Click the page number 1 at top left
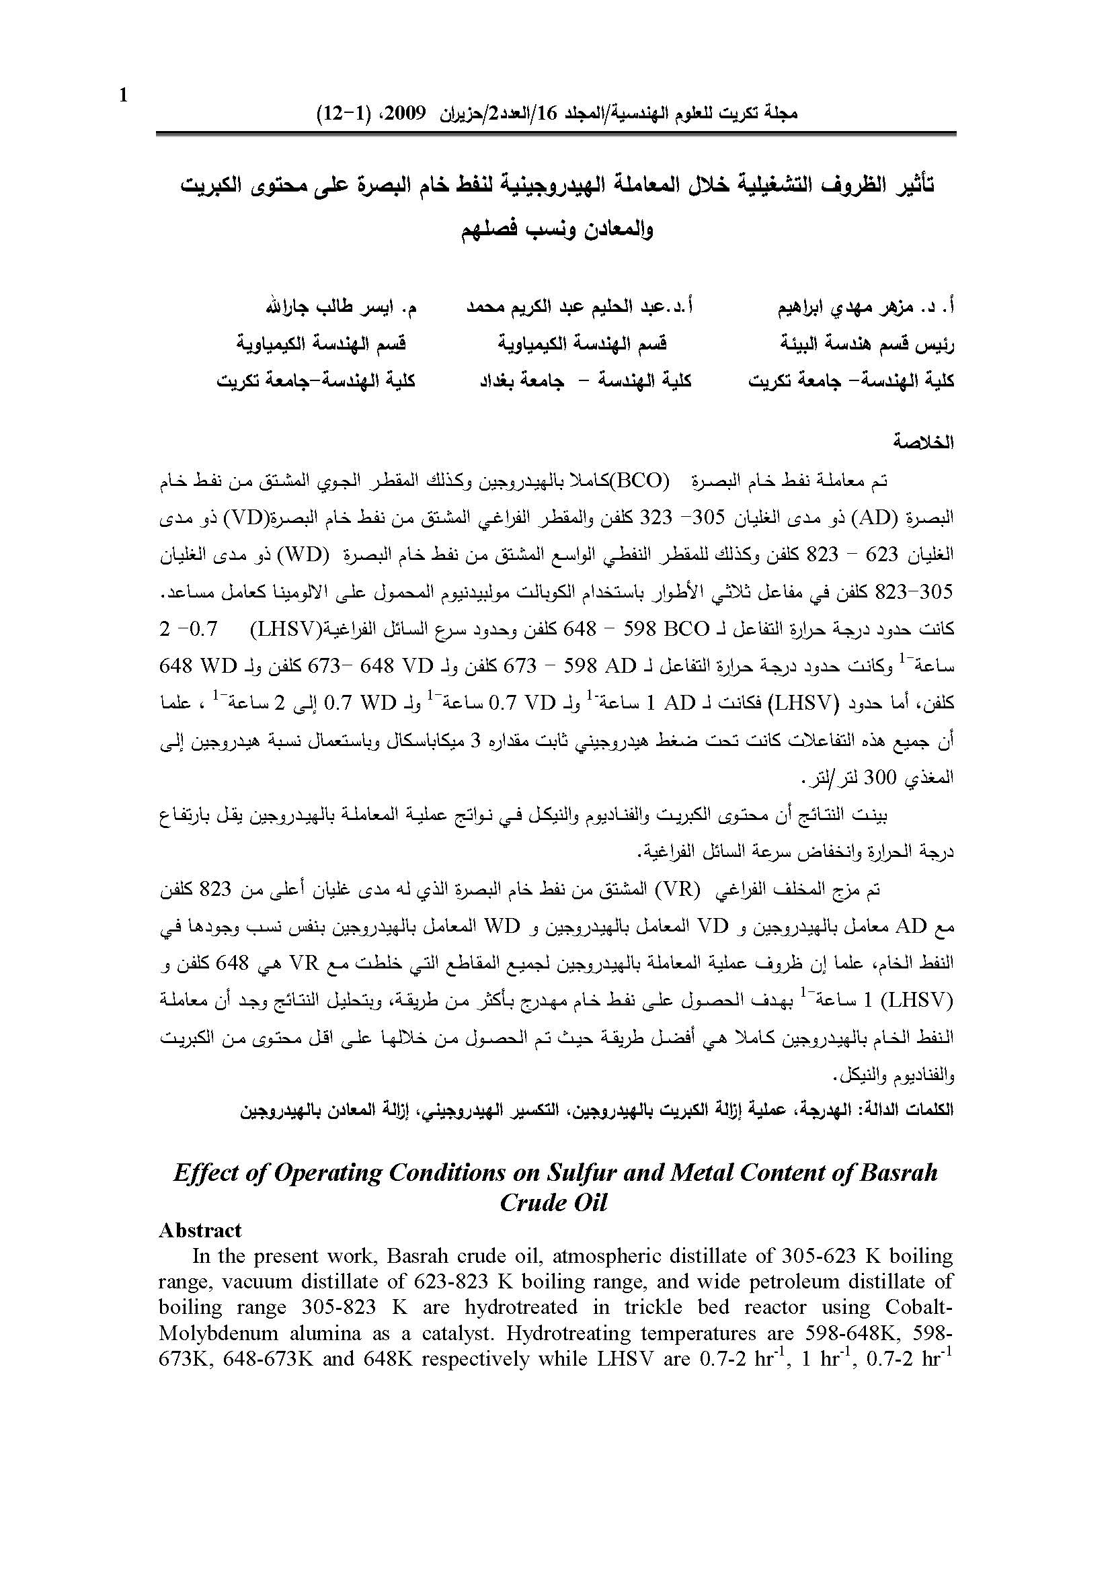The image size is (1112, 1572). (x=123, y=96)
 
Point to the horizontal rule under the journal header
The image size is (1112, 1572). (x=555, y=134)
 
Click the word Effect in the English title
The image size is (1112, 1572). (x=200, y=1173)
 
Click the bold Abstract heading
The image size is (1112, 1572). (x=200, y=1231)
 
